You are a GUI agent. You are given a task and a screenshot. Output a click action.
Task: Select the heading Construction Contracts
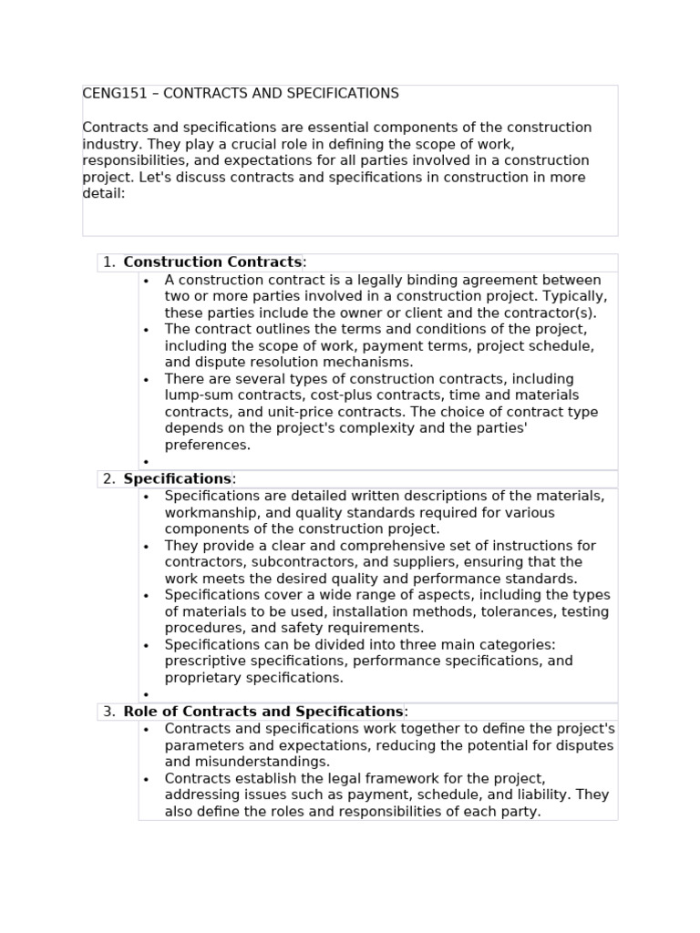pyautogui.click(x=212, y=262)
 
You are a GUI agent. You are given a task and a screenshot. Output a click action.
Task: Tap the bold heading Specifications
pyautogui.click(x=178, y=479)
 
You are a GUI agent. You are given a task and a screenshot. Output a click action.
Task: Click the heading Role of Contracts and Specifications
pyautogui.click(x=263, y=712)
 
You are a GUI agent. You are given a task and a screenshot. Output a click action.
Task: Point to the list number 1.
pyautogui.click(x=108, y=262)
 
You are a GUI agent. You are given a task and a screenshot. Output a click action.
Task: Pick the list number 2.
pyautogui.click(x=108, y=479)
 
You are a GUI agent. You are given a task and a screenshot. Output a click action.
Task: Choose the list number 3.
pyautogui.click(x=108, y=712)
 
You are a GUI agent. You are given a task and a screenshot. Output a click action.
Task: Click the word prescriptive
pyautogui.click(x=206, y=661)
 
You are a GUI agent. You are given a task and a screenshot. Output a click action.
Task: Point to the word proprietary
pyautogui.click(x=205, y=678)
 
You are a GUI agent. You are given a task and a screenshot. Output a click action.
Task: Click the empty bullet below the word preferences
pyautogui.click(x=146, y=462)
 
